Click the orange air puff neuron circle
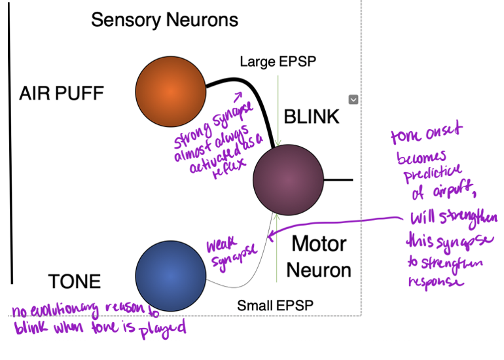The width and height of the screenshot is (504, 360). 169,92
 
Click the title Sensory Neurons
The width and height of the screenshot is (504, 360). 164,20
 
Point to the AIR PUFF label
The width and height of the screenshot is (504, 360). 62,94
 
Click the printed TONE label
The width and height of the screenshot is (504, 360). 75,281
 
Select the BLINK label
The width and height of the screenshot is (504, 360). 312,117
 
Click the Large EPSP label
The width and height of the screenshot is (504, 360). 278,62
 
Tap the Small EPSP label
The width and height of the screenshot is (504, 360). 275,305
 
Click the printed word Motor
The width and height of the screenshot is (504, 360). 318,244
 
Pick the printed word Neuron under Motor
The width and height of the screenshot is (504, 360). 319,269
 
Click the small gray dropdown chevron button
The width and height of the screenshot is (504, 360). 353,99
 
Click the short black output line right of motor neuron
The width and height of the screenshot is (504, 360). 338,179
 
